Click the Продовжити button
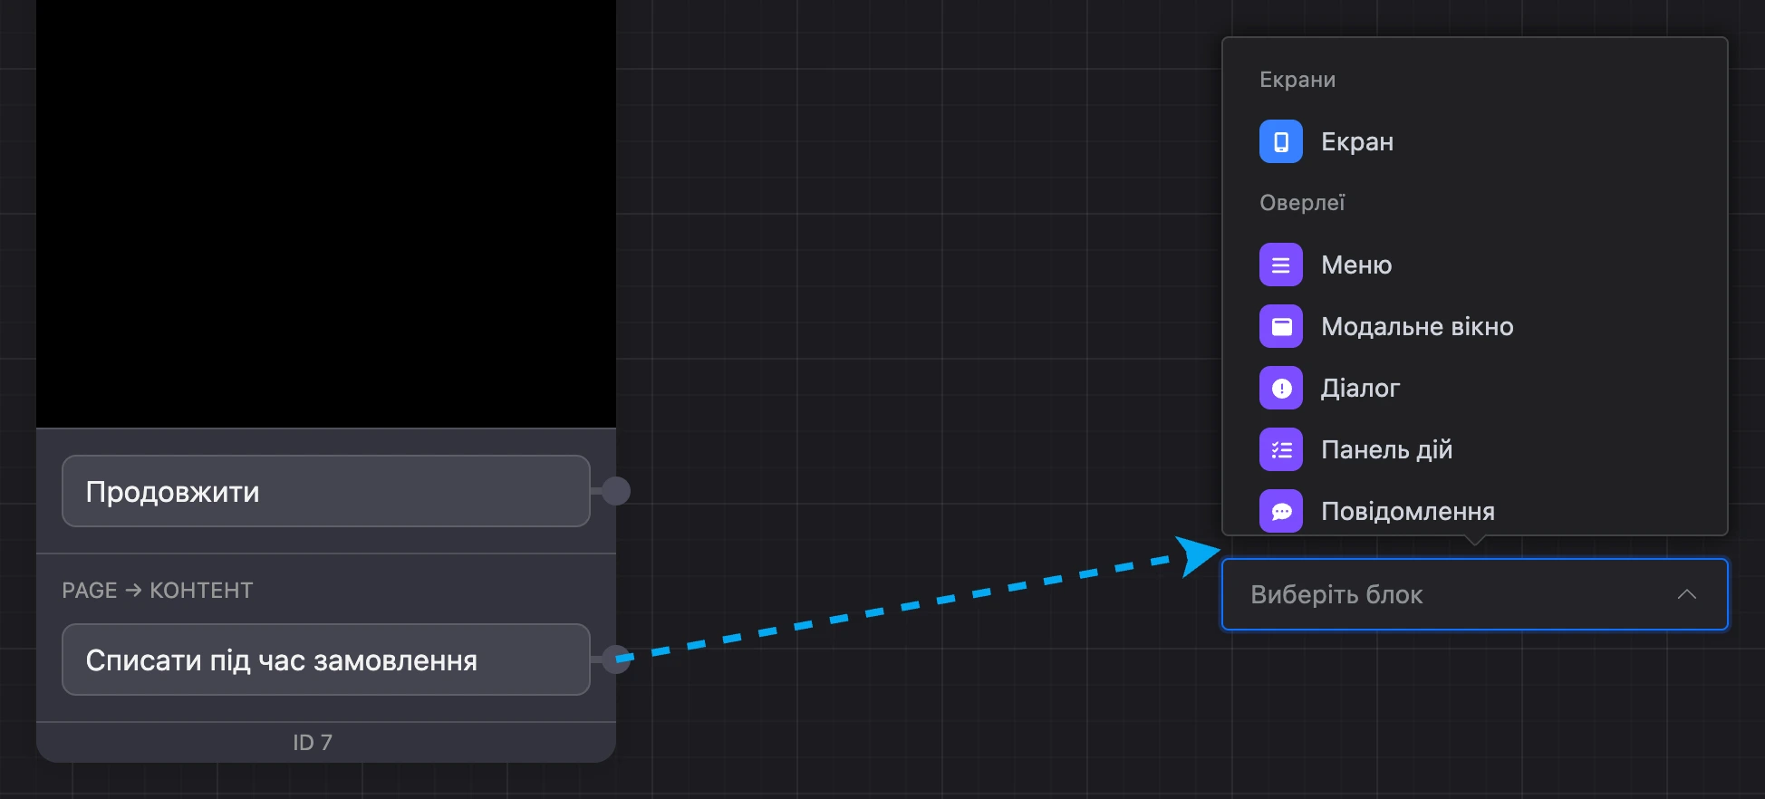point(326,491)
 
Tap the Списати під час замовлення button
point(326,659)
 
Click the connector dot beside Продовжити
point(616,491)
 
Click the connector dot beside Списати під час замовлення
point(616,659)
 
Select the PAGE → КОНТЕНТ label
point(158,591)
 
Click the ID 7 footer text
point(313,743)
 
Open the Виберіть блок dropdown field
point(1475,594)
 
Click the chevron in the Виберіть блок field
point(1686,594)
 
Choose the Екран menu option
point(1357,141)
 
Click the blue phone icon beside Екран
point(1281,141)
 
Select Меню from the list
point(1356,265)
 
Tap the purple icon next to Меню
point(1281,265)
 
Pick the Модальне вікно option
point(1417,326)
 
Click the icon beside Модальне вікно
point(1281,326)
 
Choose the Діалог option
point(1360,388)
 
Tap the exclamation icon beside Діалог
point(1281,388)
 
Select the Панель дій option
point(1386,449)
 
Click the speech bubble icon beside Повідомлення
point(1281,511)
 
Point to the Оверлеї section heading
point(1302,203)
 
